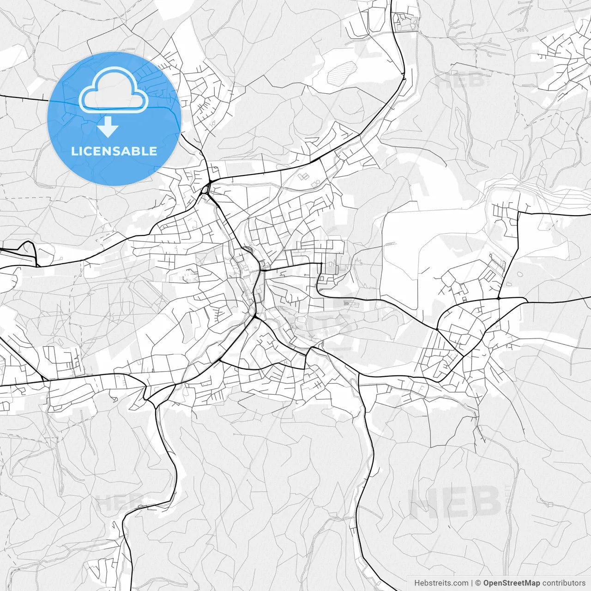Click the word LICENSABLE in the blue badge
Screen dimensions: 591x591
114,151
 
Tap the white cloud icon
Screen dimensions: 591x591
114,90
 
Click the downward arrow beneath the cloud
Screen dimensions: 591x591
108,127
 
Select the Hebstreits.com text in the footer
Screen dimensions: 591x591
441,583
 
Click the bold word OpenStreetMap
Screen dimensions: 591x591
512,583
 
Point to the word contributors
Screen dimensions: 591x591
564,583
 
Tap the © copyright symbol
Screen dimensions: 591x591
478,583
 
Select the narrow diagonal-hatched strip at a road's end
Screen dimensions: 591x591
390,243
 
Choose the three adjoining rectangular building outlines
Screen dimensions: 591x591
304,176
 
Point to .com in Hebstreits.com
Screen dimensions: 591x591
460,583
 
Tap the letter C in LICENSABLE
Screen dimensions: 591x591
87,151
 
